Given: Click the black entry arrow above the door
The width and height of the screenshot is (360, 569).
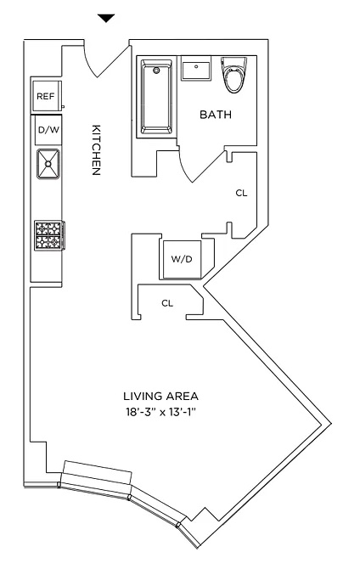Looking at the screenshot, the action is [x=106, y=18].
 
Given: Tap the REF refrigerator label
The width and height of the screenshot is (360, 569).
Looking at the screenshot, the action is [x=45, y=97].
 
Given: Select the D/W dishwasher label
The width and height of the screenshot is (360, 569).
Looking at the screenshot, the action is [x=48, y=130].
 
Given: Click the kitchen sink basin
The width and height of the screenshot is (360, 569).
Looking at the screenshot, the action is [x=48, y=164].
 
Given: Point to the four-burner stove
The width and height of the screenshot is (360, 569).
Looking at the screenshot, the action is [x=50, y=235].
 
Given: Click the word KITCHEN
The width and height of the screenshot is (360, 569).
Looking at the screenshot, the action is [x=96, y=149].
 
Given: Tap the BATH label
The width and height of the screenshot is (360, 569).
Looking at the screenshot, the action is [x=216, y=115].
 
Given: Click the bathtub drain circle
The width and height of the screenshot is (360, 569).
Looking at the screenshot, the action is [x=156, y=70].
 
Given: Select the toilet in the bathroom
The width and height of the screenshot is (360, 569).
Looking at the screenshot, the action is [x=233, y=75].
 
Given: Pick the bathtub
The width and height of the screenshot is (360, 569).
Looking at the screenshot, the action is [x=156, y=98].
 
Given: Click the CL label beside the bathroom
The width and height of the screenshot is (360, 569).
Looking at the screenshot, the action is [x=241, y=194].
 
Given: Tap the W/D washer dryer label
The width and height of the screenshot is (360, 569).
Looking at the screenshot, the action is [x=182, y=259].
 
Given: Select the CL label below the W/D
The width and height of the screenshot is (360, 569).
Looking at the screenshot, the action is [x=167, y=303].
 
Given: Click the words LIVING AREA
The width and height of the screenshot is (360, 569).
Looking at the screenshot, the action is [x=161, y=396].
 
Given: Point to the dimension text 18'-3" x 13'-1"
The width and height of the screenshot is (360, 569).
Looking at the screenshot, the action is [x=161, y=412].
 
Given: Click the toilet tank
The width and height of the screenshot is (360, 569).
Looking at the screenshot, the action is [x=233, y=62].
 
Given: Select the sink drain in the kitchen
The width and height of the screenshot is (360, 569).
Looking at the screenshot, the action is [x=48, y=164].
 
